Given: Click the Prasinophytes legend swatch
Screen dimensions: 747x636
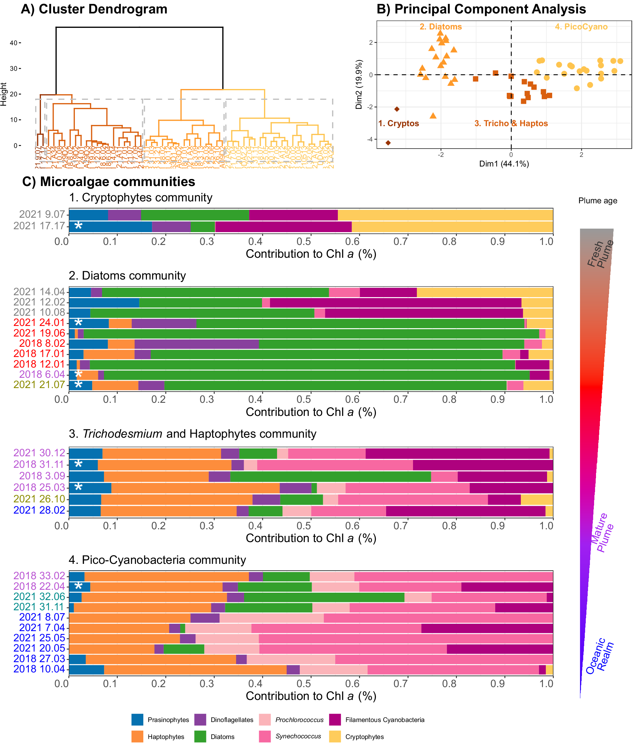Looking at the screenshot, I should [138, 719].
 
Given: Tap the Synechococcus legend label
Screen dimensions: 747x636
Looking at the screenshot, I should [298, 736].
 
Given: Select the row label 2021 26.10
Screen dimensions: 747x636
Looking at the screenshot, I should [39, 499].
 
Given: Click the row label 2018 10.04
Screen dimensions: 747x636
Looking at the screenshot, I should [39, 669].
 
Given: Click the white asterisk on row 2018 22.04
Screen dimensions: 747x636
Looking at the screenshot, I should [78, 587].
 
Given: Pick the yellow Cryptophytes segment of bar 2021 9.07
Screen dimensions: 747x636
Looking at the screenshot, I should [445, 215].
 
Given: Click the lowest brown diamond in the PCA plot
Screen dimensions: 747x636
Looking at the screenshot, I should [388, 143].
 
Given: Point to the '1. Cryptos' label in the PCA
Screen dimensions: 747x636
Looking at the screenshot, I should [398, 123].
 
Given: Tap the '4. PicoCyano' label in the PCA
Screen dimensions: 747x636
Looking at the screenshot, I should [581, 27].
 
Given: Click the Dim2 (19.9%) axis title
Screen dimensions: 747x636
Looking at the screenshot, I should [359, 84].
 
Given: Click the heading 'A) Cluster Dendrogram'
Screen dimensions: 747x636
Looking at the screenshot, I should [94, 9].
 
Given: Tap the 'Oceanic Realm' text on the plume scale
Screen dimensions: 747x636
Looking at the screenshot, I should [599, 656].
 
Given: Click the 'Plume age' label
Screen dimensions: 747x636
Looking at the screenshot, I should [598, 200].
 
